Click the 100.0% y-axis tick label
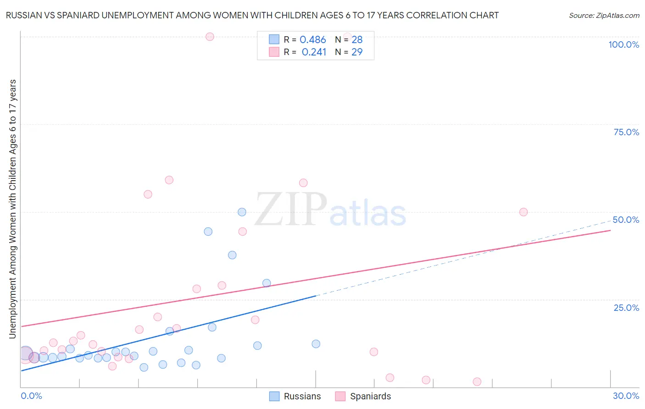(623, 44)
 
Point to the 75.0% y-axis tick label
(626, 132)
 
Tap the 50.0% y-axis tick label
(626, 220)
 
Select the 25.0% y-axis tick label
(626, 308)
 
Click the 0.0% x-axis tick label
(31, 396)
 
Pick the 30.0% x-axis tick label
(626, 396)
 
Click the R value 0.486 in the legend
(312, 40)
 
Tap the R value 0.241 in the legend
(314, 52)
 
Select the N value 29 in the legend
(357, 52)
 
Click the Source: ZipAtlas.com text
(604, 16)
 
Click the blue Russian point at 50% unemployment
(242, 212)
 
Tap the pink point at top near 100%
(210, 37)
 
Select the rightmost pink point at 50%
(523, 212)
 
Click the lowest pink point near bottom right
(477, 381)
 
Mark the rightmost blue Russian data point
(316, 344)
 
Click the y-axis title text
(12, 209)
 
